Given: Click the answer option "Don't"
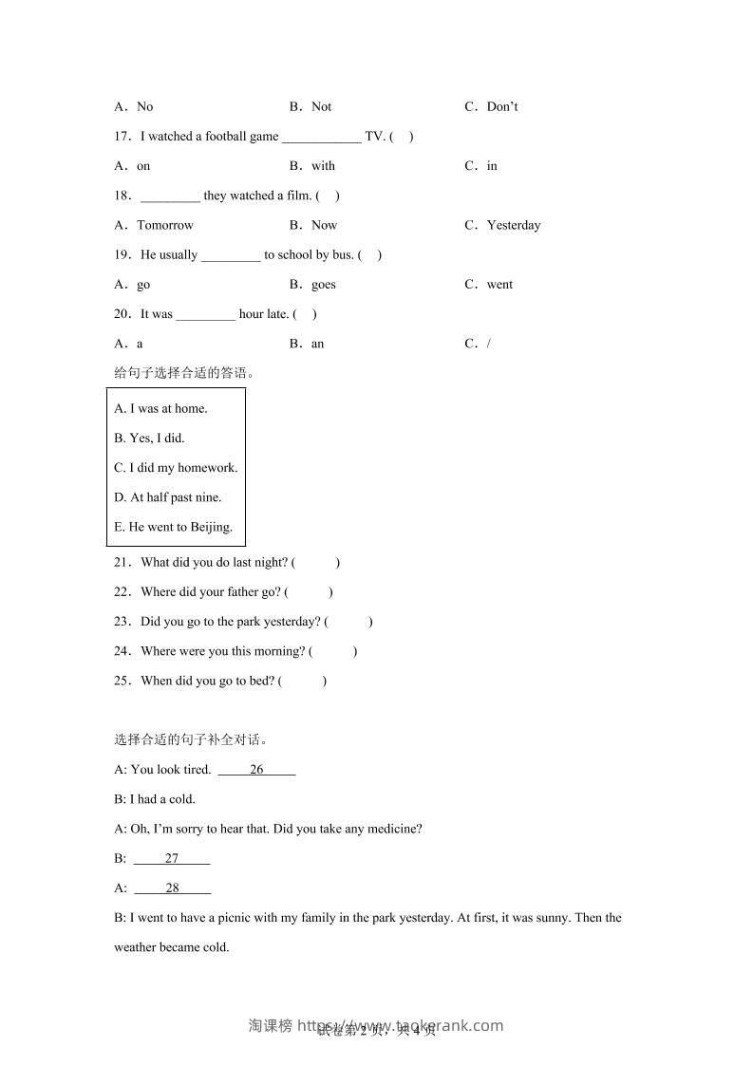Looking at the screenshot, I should (x=501, y=106).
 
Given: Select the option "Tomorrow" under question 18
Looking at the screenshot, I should (x=164, y=225).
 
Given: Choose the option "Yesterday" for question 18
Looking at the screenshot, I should (x=513, y=225).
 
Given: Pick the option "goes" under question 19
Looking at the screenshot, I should (x=323, y=284).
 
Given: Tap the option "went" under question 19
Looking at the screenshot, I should (x=499, y=284).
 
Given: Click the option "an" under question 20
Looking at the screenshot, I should (x=317, y=344).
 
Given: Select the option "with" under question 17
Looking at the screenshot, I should (x=323, y=165).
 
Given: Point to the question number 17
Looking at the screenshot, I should (x=122, y=136).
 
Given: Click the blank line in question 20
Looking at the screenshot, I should (x=206, y=314).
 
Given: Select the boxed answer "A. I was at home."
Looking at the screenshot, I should (x=160, y=408).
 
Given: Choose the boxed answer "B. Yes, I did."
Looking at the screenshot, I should (x=149, y=438).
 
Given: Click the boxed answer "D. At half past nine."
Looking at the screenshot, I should (x=167, y=496).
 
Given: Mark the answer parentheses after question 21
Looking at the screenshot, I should (x=315, y=562).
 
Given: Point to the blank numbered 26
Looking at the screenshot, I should (x=256, y=770).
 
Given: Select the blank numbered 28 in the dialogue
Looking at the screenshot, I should (x=173, y=888).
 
